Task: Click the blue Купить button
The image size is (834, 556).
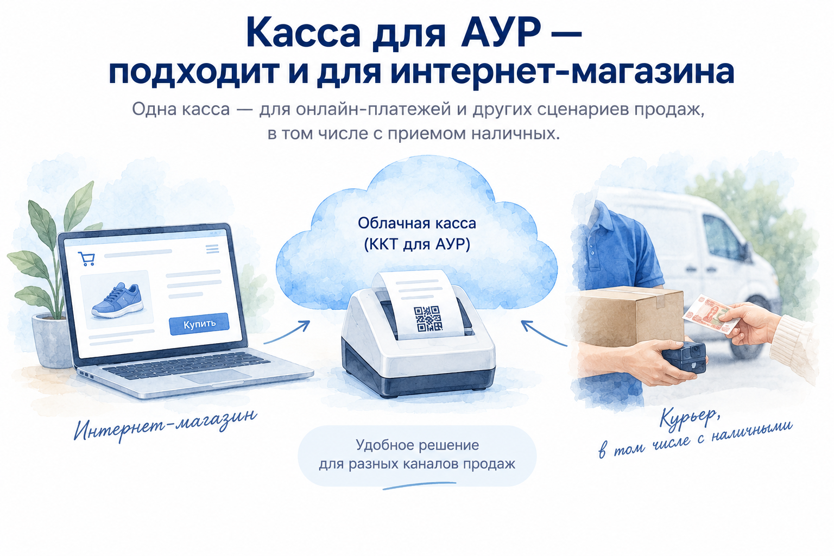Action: [x=199, y=324]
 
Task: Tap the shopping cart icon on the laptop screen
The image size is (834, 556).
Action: [x=87, y=258]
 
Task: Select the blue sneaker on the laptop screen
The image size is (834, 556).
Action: [x=117, y=300]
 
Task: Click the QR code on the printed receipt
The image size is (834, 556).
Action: [x=428, y=318]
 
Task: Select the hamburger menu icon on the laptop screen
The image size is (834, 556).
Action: [x=212, y=249]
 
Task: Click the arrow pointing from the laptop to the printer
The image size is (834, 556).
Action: [x=287, y=332]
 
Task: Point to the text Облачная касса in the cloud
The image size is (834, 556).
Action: [x=417, y=223]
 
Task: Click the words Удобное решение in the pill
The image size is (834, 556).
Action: [x=418, y=445]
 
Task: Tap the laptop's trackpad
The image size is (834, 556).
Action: [x=216, y=376]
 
